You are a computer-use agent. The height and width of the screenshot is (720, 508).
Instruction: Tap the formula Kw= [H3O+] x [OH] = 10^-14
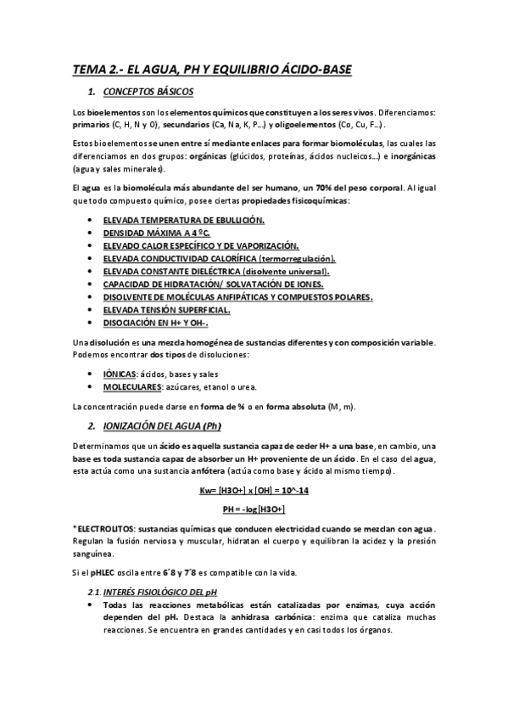254,492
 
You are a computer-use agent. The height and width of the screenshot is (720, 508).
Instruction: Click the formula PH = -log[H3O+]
254,509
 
